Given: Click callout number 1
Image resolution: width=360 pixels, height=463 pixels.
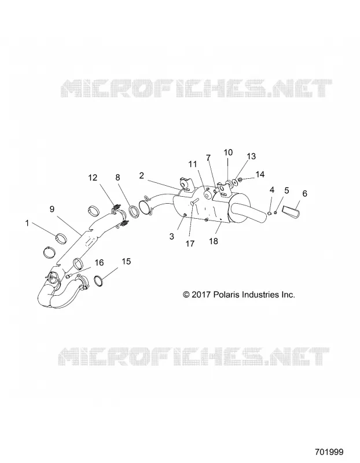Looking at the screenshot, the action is (27, 223).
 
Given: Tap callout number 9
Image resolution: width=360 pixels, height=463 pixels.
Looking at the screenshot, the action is (52, 210).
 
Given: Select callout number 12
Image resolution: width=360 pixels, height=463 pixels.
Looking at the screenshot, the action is (93, 178).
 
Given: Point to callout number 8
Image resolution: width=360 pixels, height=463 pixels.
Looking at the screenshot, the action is (118, 178).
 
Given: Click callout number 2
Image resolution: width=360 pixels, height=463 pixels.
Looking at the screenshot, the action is (141, 176).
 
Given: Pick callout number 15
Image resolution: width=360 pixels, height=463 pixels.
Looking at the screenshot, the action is (126, 262).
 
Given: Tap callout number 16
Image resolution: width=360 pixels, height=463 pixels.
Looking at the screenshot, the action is (99, 263).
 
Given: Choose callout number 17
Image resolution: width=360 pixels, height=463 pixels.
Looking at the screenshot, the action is (190, 244).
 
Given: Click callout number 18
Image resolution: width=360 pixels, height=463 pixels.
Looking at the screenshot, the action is (213, 241).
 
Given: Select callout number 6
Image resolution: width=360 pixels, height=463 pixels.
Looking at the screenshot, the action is (305, 193).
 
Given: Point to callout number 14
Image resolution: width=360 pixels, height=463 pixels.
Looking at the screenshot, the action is (260, 174).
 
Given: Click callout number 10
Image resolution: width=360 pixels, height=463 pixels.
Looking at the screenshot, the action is (228, 152).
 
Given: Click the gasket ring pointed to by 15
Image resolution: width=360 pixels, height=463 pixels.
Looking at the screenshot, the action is (100, 281).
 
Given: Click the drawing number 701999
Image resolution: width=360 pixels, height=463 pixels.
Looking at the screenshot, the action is (329, 452).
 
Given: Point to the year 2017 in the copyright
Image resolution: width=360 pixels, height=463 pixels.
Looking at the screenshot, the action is (200, 295).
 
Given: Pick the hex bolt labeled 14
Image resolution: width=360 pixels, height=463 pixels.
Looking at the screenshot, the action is (240, 179).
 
